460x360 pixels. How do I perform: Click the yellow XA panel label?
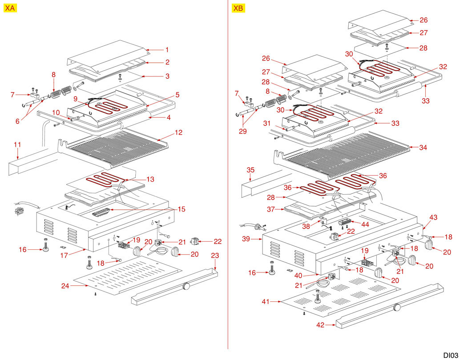click(x=10, y=8)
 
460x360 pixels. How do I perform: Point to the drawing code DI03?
click(x=450, y=354)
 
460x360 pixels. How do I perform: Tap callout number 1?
click(x=167, y=50)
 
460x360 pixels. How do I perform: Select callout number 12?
click(x=178, y=132)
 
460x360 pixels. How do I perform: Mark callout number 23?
click(x=215, y=256)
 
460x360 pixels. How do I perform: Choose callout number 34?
click(x=423, y=148)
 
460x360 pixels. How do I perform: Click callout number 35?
click(x=250, y=170)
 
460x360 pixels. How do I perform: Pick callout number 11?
click(x=17, y=145)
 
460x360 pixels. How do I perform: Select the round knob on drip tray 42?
click(x=396, y=307)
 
